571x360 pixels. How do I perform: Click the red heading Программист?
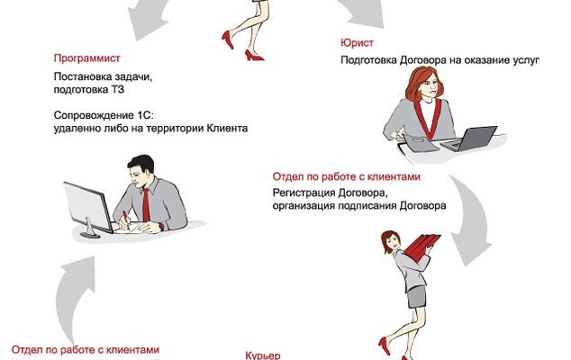click(x=86, y=58)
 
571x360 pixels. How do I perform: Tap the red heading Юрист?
click(x=357, y=42)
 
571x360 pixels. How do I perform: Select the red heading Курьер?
click(x=263, y=355)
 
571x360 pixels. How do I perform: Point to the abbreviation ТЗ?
click(x=118, y=89)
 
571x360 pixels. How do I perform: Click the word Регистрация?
click(x=304, y=193)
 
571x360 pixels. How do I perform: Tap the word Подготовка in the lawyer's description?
click(x=368, y=60)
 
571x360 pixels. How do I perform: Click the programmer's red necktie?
click(x=146, y=205)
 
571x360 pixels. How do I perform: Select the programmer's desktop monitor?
click(x=88, y=208)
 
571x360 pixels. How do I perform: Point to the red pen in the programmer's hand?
click(x=125, y=220)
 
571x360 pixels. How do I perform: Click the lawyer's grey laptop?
click(x=469, y=139)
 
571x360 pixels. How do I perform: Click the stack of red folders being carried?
click(x=421, y=246)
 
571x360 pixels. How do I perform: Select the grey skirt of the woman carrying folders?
click(x=417, y=297)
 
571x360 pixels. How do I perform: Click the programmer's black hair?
click(x=141, y=164)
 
